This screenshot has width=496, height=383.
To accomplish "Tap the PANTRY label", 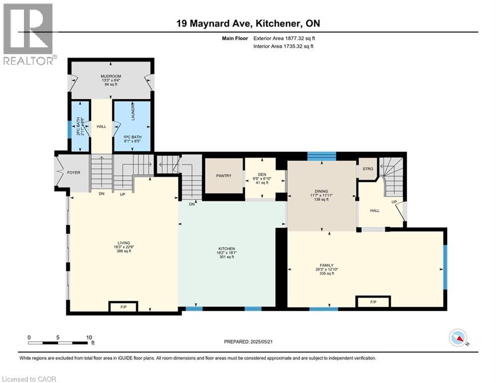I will pyautogui.click(x=224, y=176).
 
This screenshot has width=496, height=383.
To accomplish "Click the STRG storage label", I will pyautogui.click(x=367, y=169).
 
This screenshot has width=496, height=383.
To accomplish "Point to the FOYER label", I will pyautogui.click(x=74, y=173).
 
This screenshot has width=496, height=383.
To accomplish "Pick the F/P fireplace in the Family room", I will pyautogui.click(x=373, y=302).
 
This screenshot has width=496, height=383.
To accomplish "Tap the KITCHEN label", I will pyautogui.click(x=226, y=249).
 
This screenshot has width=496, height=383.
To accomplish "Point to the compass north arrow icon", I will pyautogui.click(x=458, y=339).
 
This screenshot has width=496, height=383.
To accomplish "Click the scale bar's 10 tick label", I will pyautogui.click(x=89, y=337).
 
